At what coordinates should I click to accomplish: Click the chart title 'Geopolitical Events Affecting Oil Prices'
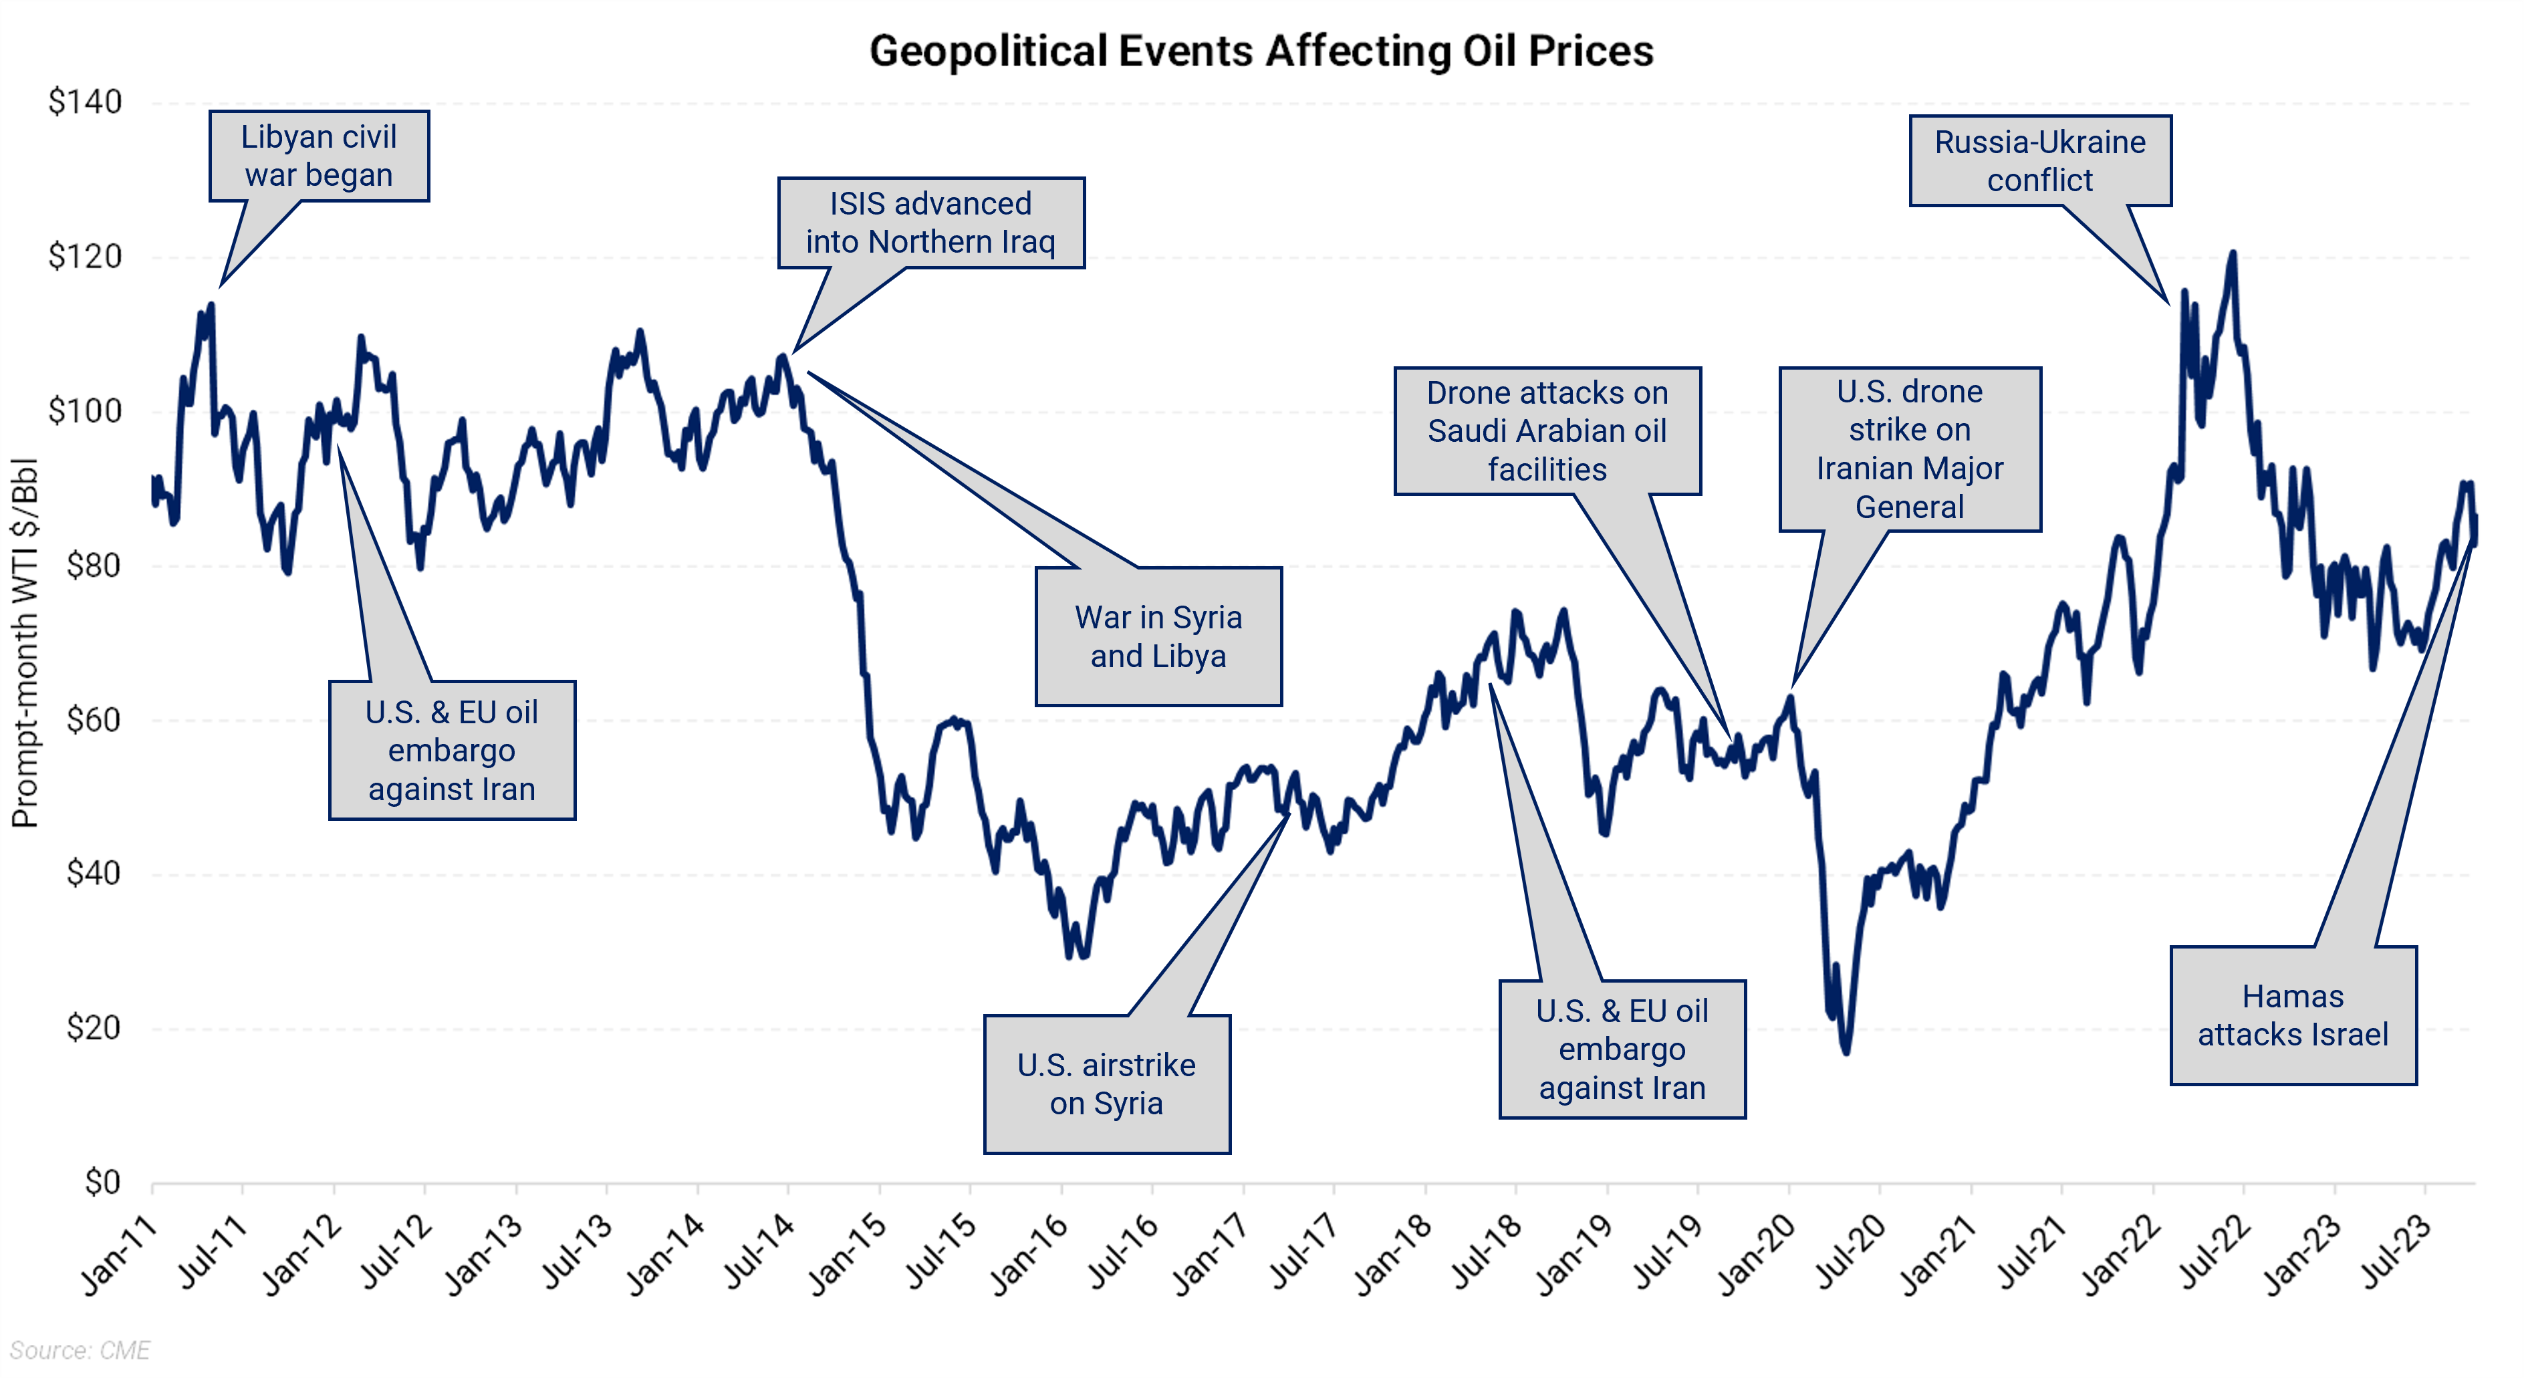pyautogui.click(x=1261, y=51)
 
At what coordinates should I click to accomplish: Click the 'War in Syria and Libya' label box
pyautogui.click(x=1158, y=636)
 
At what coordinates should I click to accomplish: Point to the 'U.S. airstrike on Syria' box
pyautogui.click(x=1106, y=1084)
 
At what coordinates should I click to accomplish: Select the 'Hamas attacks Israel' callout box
pyautogui.click(x=2292, y=1015)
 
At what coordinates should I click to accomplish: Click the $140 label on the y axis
pyautogui.click(x=86, y=102)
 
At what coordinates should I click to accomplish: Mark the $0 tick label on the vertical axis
pyautogui.click(x=103, y=1182)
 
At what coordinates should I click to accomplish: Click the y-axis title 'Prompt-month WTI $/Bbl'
pyautogui.click(x=25, y=642)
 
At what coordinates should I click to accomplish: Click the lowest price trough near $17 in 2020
pyautogui.click(x=1846, y=1051)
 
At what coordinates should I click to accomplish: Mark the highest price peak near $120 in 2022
pyautogui.click(x=2232, y=254)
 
